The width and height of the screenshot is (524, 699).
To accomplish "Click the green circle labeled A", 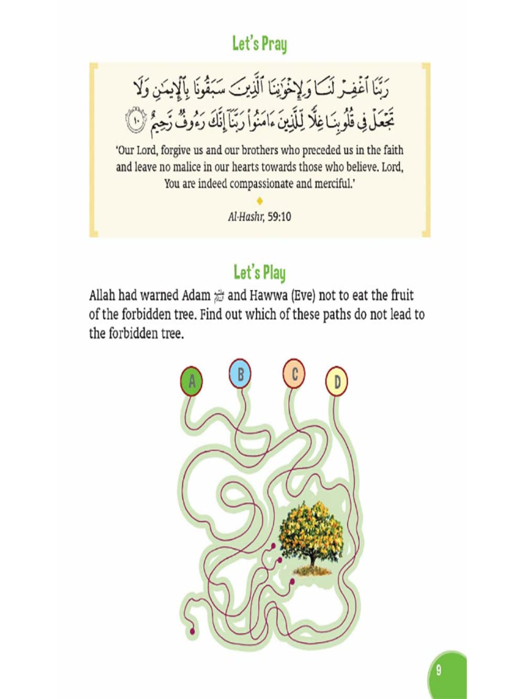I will [x=192, y=381].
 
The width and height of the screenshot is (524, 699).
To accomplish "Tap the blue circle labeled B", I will [x=240, y=374].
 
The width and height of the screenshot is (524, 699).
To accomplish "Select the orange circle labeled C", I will [x=294, y=374].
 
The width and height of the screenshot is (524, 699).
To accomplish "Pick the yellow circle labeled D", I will [x=336, y=381].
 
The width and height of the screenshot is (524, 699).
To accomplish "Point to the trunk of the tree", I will [x=313, y=560].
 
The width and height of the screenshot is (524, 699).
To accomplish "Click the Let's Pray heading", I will [x=259, y=44].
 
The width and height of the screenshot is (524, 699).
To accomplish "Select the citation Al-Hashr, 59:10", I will [x=259, y=217].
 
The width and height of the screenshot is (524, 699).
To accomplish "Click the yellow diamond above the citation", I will [x=259, y=201].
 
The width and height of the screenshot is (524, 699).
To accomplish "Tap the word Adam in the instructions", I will [x=195, y=295].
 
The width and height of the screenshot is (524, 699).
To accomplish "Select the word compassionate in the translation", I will [x=261, y=184].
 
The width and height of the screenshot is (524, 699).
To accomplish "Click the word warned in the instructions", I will [x=159, y=295].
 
